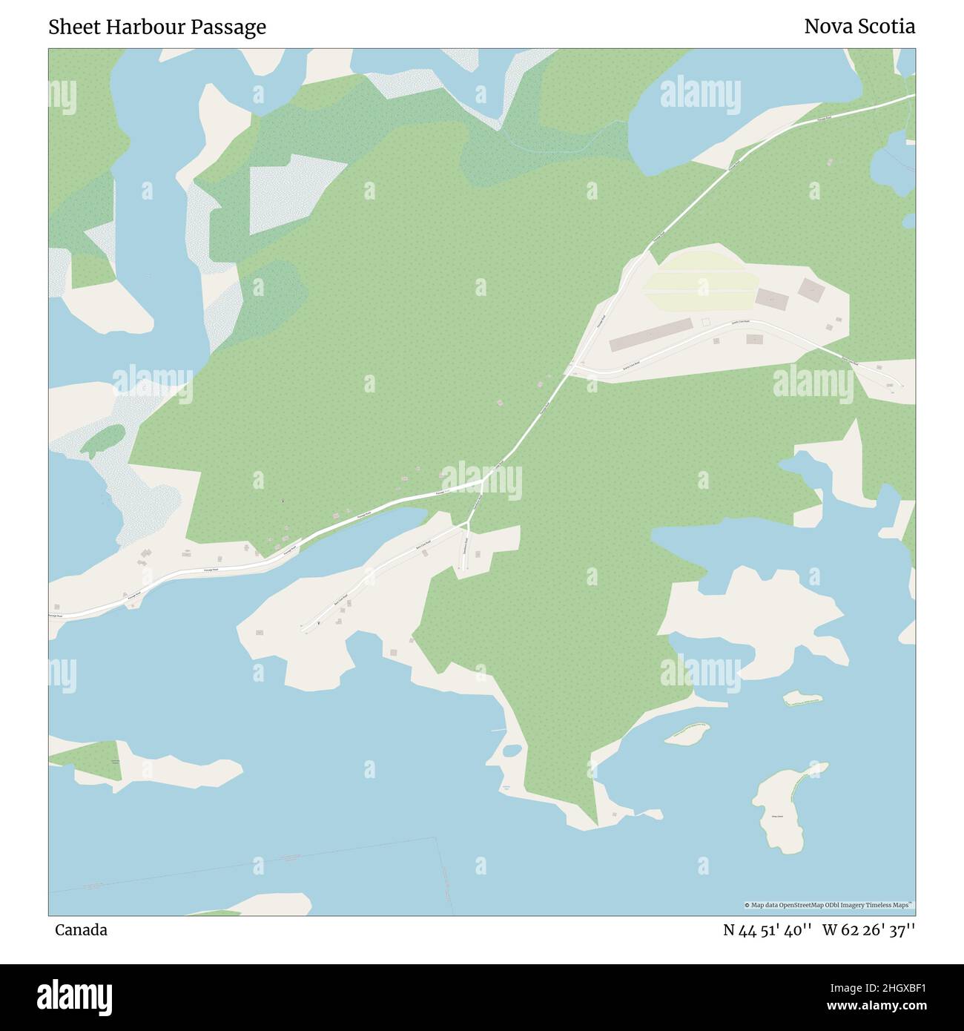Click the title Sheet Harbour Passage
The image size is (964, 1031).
coord(157,27)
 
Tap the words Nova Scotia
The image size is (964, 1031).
coord(859,27)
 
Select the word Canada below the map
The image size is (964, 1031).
coord(81,930)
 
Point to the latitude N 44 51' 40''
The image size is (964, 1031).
coord(768,930)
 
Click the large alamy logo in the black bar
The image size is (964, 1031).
coord(75,995)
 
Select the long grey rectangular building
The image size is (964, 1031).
coord(650,335)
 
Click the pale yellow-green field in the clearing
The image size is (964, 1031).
coord(701,291)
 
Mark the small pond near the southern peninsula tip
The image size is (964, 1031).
coord(512,750)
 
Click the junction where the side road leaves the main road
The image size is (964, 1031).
coord(482,483)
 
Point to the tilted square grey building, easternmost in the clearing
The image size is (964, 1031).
coord(811,289)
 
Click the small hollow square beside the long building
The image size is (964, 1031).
coord(706,322)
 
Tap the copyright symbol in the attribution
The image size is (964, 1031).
coord(747,905)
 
